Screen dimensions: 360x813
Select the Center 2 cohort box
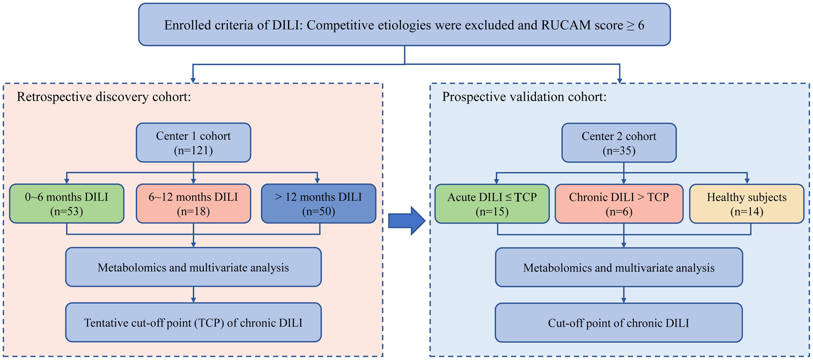click(x=619, y=143)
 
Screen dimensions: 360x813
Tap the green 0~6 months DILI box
click(x=67, y=204)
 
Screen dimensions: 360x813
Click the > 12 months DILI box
click(x=318, y=204)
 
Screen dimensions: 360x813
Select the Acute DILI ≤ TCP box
click(x=492, y=204)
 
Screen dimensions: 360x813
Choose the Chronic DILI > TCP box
click(x=619, y=204)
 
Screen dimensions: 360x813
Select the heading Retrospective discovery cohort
click(x=104, y=97)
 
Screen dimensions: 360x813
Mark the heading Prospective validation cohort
click(x=524, y=97)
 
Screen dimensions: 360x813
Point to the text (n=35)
click(x=619, y=151)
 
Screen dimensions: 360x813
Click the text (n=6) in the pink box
click(x=619, y=211)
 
